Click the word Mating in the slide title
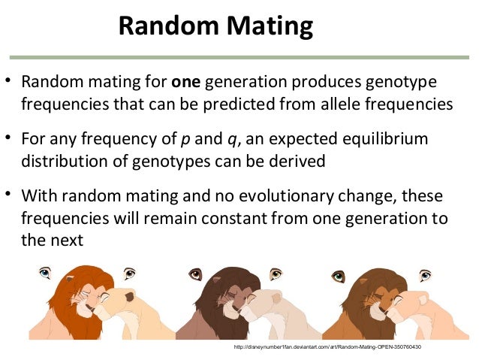click(265, 27)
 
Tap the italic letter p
click(185, 139)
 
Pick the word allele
click(329, 103)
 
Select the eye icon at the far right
click(426, 274)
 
